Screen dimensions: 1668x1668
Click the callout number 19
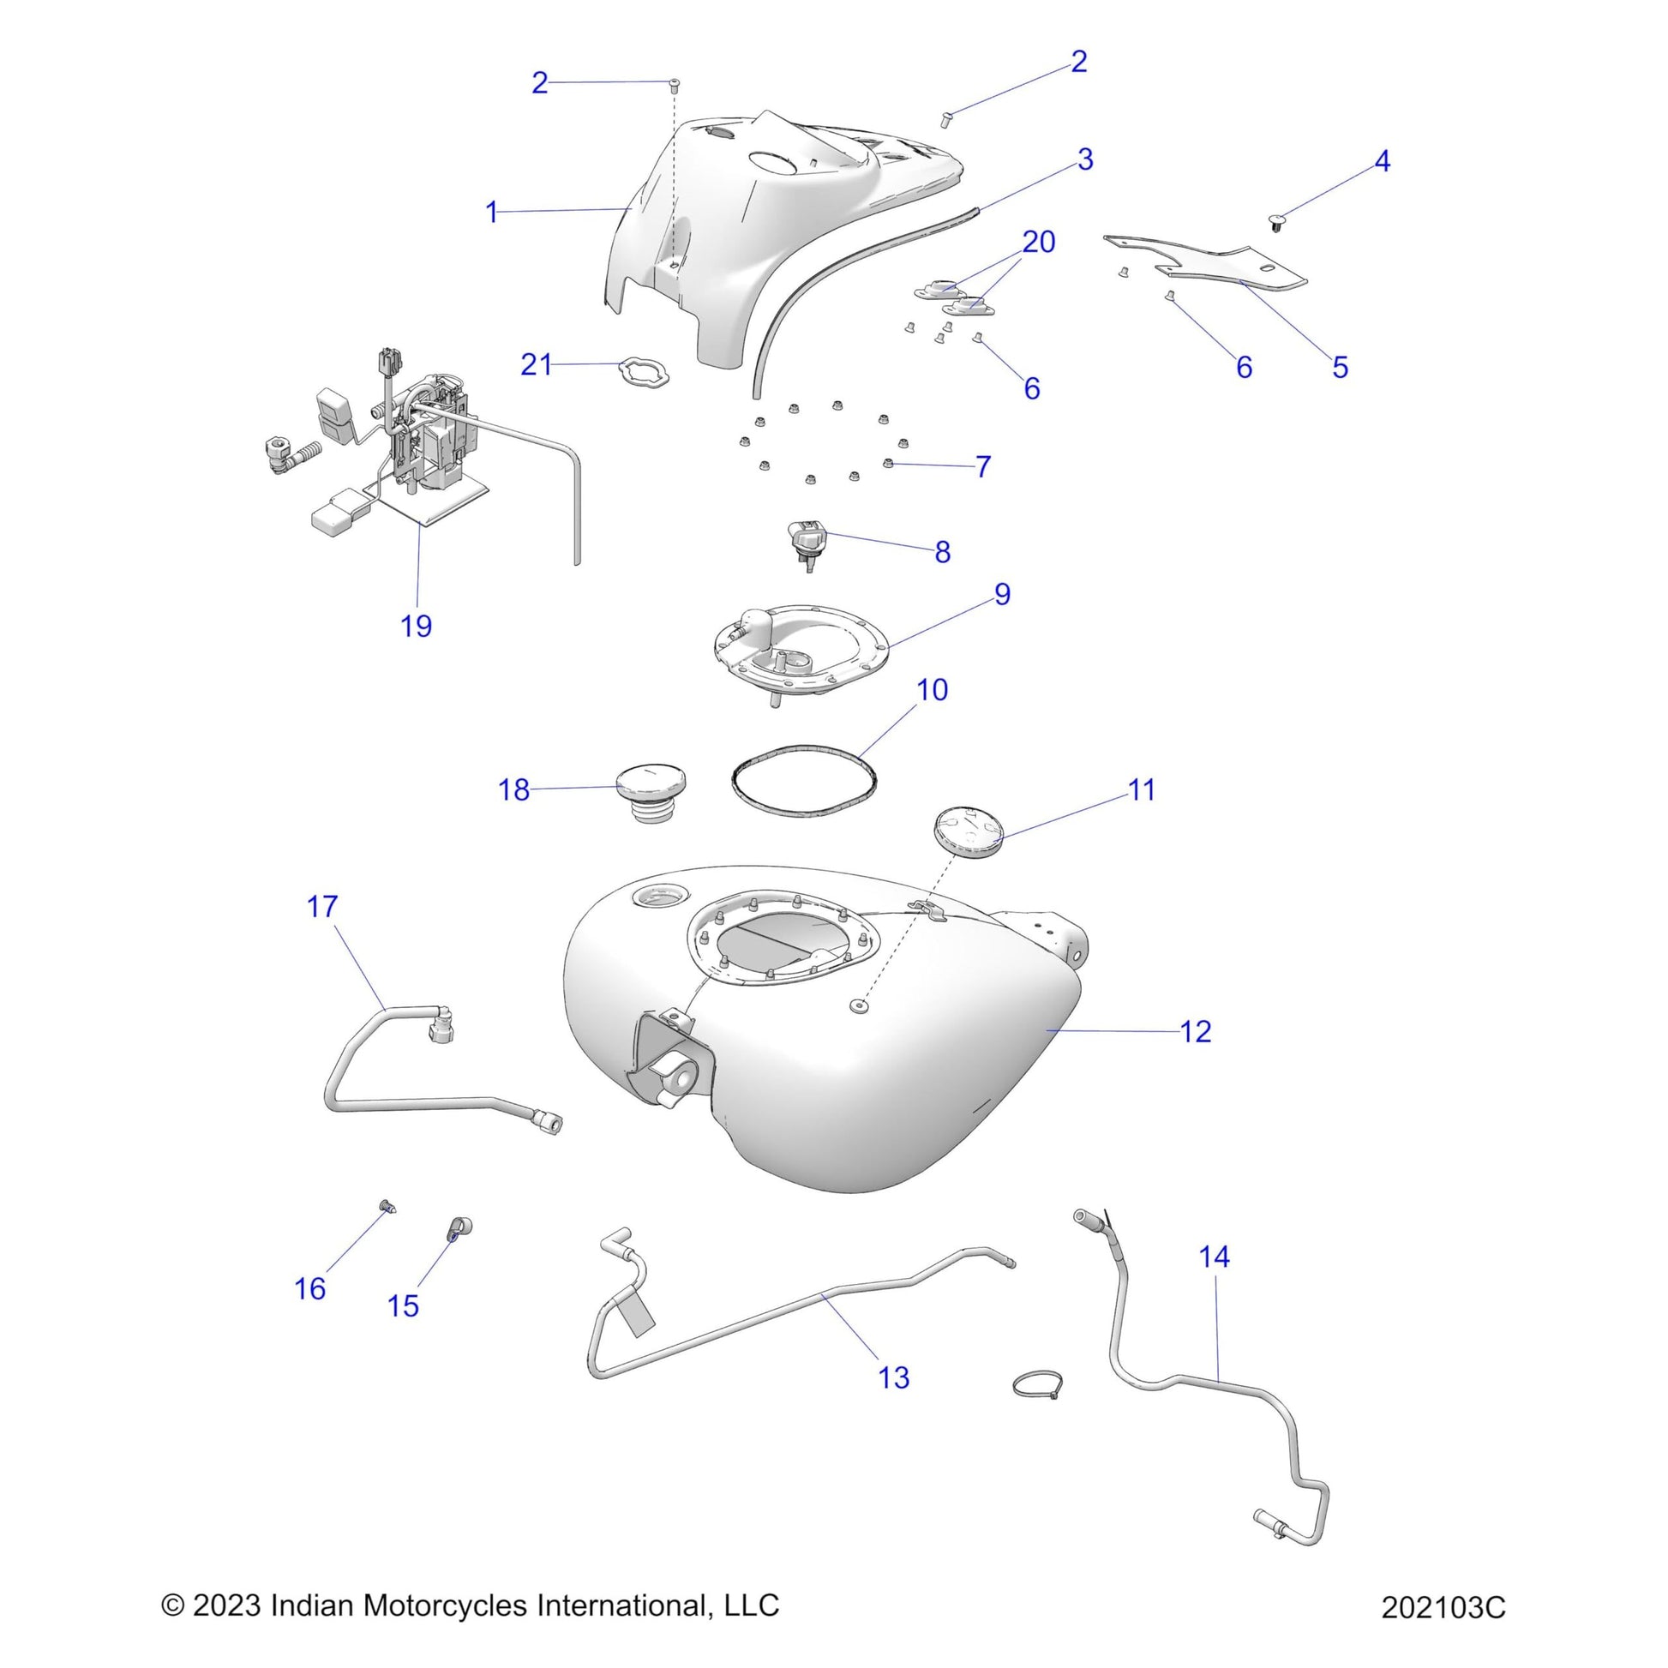[415, 626]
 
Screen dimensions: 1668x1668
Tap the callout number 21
[535, 364]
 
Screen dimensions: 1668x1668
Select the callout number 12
[1195, 1031]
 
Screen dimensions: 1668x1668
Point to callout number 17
[322, 907]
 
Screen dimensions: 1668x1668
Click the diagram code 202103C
[1443, 1607]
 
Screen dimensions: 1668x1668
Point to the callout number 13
[893, 1377]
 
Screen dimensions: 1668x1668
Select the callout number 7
[982, 466]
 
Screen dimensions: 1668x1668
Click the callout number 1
[491, 212]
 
